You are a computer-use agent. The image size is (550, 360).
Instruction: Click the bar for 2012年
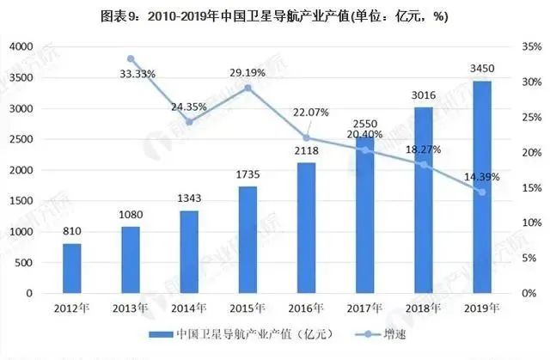(x=72, y=268)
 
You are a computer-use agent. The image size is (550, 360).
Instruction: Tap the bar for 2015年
(x=247, y=240)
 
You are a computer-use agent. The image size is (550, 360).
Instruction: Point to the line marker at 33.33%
(x=131, y=58)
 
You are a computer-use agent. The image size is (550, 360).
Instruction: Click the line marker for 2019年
(x=483, y=192)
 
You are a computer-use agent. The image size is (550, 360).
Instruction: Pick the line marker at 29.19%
(x=248, y=88)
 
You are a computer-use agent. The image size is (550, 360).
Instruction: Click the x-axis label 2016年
(x=307, y=307)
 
